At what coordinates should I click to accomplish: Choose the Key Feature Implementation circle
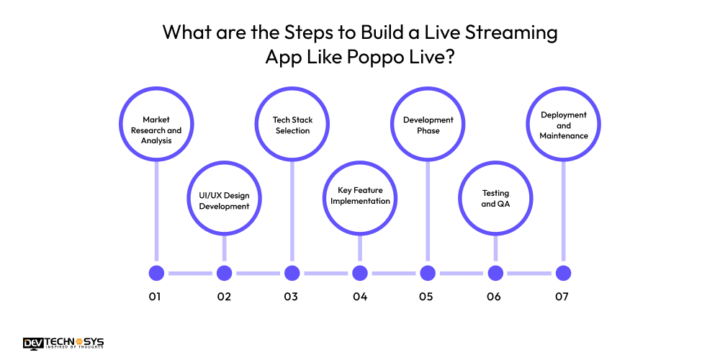coord(360,196)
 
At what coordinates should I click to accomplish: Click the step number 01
coord(155,297)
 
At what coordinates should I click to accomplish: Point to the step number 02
coord(224,297)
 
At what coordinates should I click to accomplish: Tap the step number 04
coord(360,297)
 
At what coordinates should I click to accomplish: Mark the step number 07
coord(562,297)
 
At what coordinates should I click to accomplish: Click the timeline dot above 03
coord(292,273)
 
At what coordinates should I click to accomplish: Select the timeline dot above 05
coord(428,273)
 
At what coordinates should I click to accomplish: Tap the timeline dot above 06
coord(495,273)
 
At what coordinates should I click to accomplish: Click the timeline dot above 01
coord(156,273)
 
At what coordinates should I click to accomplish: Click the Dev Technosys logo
coord(64,343)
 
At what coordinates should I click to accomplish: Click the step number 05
coord(426,297)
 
